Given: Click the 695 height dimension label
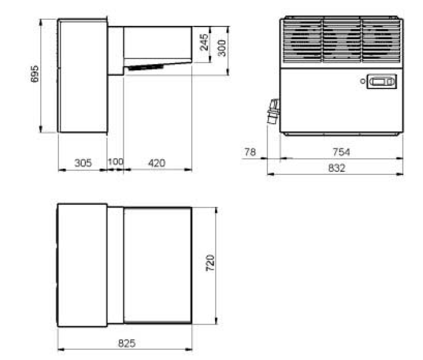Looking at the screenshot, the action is click(34, 74).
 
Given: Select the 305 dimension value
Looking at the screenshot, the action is click(83, 163).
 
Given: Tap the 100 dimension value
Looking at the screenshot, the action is click(115, 162).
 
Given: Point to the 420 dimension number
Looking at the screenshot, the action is click(157, 163).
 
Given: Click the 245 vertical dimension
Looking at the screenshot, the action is click(204, 42).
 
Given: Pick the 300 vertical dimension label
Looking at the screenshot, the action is click(222, 48).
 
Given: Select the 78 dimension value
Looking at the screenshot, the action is click(250, 152).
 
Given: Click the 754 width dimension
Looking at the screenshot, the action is click(341, 152).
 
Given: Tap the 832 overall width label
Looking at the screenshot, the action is click(336, 168).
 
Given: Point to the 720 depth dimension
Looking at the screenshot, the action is click(210, 263).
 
